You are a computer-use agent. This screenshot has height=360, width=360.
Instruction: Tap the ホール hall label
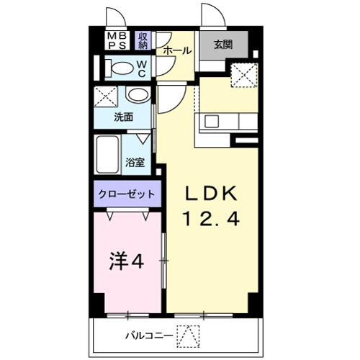tap(177, 50)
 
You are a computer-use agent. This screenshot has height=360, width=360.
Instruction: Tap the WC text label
tap(142, 68)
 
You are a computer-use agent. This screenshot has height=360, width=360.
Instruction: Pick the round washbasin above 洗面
tap(136, 95)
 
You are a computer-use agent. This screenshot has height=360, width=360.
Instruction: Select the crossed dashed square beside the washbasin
tap(107, 95)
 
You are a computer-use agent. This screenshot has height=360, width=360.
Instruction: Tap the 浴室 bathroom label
tap(135, 163)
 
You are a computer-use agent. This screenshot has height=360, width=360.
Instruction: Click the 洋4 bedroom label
tap(127, 261)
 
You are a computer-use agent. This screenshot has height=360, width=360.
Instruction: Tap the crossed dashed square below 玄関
tap(243, 76)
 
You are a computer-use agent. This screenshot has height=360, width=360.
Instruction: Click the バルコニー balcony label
tap(148, 335)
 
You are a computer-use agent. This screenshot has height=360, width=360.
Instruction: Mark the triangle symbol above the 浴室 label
tap(143, 138)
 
